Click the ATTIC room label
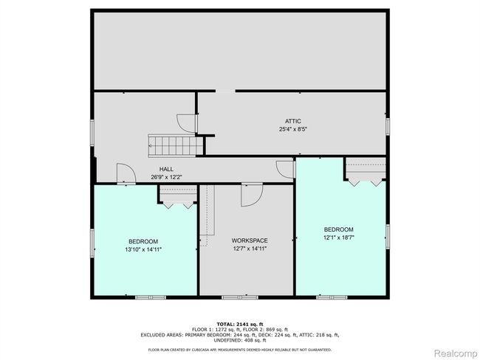293,121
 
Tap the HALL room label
166,169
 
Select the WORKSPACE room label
250,240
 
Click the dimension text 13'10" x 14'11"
143,249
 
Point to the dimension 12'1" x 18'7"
339,238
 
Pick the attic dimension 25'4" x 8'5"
293,129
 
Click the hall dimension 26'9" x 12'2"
166,177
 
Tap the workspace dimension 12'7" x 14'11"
250,249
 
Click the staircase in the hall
176,146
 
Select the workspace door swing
252,195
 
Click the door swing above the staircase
187,123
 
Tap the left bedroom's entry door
126,174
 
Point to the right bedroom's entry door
285,169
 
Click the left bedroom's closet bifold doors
178,205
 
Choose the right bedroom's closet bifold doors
366,183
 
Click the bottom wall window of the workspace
240,297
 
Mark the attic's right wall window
388,126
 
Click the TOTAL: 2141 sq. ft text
240,324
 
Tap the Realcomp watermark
456,353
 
